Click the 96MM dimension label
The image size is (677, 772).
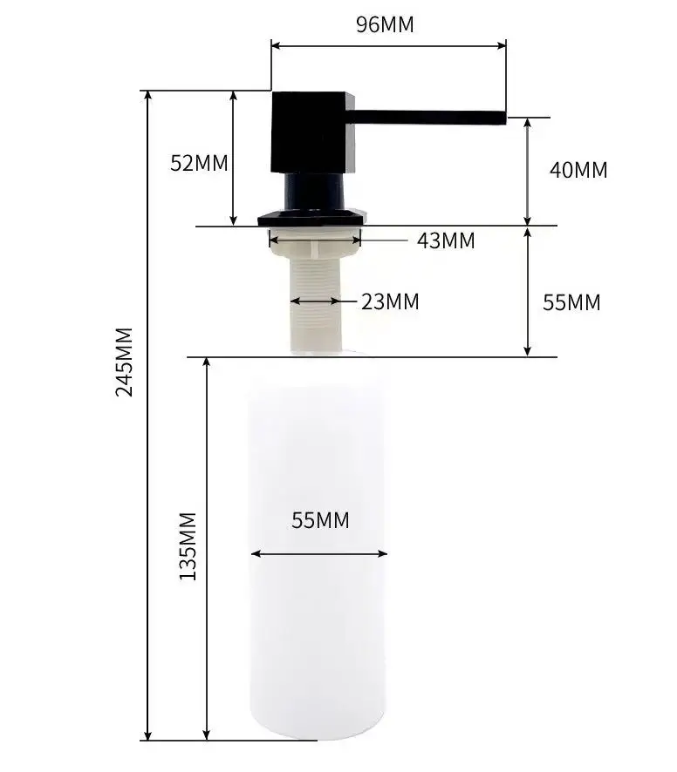[x=385, y=24]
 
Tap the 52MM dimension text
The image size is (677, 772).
[x=199, y=163]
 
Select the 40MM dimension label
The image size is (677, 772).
[x=578, y=170]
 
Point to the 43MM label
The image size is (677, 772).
[x=446, y=240]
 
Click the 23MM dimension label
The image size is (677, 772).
[x=390, y=301]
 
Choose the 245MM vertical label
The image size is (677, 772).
[x=124, y=362]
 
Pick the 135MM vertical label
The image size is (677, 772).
[x=188, y=546]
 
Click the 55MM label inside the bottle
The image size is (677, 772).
[x=320, y=520]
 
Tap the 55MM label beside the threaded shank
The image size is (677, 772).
[x=571, y=302]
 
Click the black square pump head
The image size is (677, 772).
[x=313, y=132]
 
